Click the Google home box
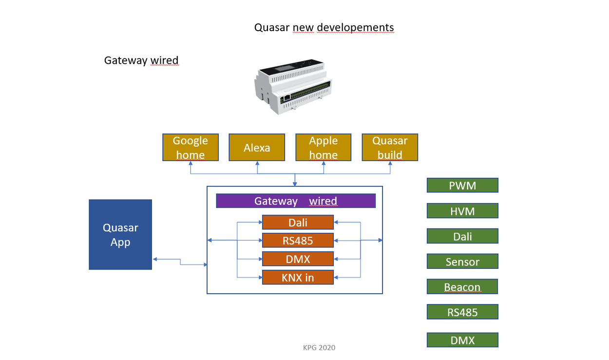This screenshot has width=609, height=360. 190,148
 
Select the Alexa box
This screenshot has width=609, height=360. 257,148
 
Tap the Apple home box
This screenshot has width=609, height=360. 324,148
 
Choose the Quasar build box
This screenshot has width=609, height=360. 390,148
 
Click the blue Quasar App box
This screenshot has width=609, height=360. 120,234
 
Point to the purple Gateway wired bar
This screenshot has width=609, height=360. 296,201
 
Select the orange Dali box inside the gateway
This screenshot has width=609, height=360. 298,222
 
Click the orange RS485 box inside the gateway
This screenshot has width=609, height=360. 298,240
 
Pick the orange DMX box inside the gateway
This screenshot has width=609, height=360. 298,259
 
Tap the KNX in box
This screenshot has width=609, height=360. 298,277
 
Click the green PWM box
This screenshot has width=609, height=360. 462,185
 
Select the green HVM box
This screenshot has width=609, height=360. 462,211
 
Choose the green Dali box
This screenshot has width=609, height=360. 462,236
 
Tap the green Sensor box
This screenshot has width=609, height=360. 462,262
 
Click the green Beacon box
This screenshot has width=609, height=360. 462,287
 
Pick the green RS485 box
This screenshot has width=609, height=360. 462,312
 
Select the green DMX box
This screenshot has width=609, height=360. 462,340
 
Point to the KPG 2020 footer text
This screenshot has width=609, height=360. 319,347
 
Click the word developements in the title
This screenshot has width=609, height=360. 355,27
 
